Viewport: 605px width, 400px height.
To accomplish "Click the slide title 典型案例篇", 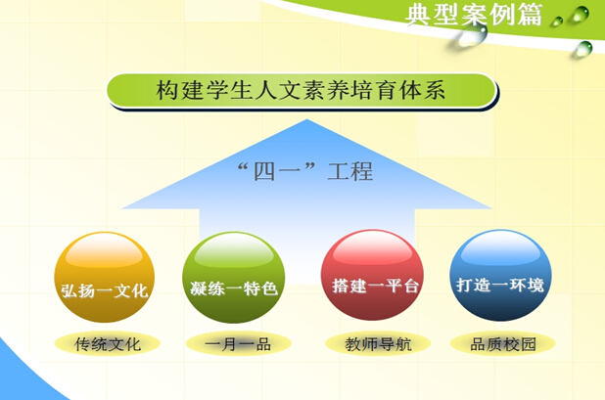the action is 474,15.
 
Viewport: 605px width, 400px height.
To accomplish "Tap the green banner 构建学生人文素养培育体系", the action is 302,91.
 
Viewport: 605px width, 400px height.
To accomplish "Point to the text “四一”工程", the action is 305,171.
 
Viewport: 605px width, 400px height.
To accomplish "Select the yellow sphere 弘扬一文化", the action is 105,278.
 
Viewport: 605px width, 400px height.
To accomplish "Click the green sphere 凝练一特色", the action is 234,278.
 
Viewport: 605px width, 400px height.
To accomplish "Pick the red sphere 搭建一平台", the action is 372,275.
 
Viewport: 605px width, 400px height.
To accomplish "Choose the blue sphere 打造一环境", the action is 500,275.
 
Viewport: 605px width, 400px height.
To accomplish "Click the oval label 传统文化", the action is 108,343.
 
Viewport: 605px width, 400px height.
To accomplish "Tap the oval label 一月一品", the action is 238,343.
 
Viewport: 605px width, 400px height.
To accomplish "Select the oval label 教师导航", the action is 378,343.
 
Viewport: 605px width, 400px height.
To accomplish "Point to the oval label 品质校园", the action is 503,343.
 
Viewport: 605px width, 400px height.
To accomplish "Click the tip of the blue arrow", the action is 307,119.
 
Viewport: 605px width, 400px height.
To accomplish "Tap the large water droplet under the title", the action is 471,36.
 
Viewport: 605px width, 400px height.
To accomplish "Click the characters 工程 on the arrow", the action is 350,171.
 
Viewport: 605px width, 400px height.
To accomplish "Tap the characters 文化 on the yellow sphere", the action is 131,290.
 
